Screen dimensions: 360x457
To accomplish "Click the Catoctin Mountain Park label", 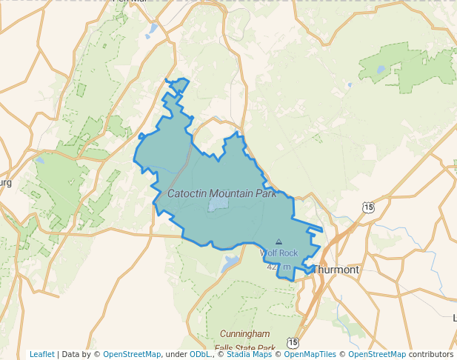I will (222, 193).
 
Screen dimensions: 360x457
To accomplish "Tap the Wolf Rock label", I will (278, 253).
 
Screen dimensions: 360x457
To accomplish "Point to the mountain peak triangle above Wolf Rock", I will (278, 241).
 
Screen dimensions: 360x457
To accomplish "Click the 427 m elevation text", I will (278, 266).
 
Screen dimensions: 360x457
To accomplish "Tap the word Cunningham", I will (244, 334).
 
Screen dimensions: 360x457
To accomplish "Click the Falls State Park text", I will (244, 348).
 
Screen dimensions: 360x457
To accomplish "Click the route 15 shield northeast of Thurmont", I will (368, 207).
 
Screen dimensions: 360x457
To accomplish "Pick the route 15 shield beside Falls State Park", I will (293, 343).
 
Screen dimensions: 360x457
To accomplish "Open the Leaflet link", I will (42, 354).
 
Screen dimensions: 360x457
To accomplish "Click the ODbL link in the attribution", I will (200, 354).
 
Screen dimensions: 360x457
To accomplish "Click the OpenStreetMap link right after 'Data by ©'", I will (132, 354).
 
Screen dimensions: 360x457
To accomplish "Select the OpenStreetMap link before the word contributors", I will (377, 354).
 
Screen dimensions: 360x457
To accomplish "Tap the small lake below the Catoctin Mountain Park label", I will (219, 203).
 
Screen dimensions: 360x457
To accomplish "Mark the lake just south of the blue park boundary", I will (230, 262).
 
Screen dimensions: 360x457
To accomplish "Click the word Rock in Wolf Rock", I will (288, 253).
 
